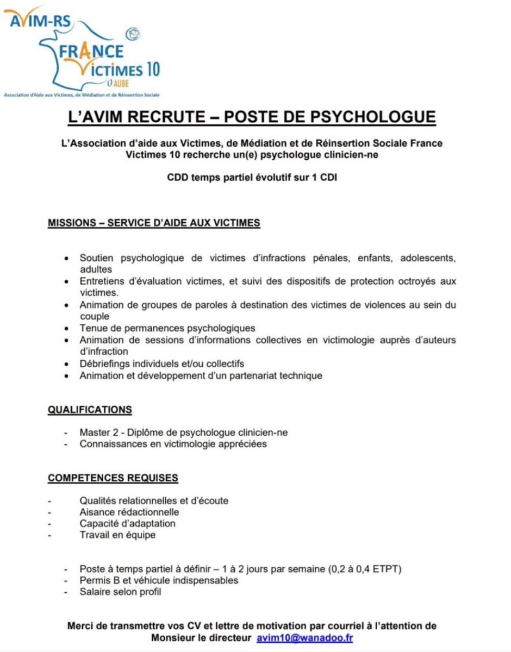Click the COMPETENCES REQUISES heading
tap(113, 478)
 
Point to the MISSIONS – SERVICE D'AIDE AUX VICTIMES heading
tap(154, 223)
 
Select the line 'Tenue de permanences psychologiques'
tap(167, 328)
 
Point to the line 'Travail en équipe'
tap(117, 535)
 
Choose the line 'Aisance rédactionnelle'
tap(129, 512)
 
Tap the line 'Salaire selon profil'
tap(120, 592)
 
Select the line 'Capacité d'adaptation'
tap(127, 523)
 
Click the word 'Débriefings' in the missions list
tap(104, 363)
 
